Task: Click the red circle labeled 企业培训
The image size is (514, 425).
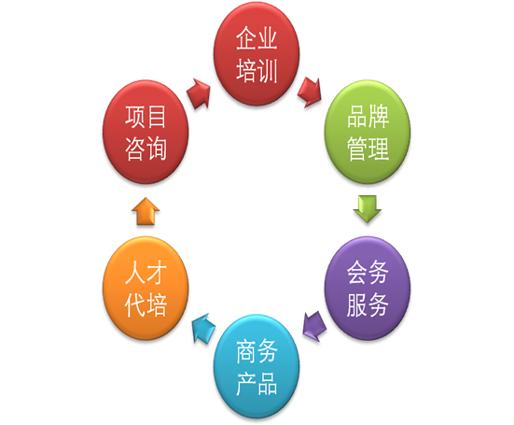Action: pos(257,54)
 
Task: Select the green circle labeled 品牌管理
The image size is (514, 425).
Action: pos(368,132)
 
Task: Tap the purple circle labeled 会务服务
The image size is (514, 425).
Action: pos(368,288)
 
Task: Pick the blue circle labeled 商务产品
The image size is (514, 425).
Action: pos(257,366)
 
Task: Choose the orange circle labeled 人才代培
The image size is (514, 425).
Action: pos(146,288)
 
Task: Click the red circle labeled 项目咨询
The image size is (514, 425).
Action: pos(146,132)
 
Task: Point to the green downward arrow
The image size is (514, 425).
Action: pos(368,209)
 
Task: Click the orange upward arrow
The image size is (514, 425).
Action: pos(146,211)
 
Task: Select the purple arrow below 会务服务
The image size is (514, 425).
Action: pos(314,326)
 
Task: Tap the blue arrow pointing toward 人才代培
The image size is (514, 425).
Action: pos(203,328)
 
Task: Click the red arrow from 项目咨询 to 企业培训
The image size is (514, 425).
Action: pos(199,93)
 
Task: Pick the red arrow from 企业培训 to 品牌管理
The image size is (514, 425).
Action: pos(310,92)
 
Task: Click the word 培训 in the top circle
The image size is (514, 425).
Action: pos(257,71)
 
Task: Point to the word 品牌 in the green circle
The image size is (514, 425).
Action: pos(368,117)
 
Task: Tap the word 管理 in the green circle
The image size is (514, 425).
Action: pos(368,149)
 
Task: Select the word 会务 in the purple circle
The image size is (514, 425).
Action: pos(368,273)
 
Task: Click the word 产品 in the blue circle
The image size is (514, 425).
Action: pos(257,383)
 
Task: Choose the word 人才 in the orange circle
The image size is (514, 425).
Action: pos(146,273)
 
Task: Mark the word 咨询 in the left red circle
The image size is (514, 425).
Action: pos(146,149)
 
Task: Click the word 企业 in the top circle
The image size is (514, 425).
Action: pos(257,38)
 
